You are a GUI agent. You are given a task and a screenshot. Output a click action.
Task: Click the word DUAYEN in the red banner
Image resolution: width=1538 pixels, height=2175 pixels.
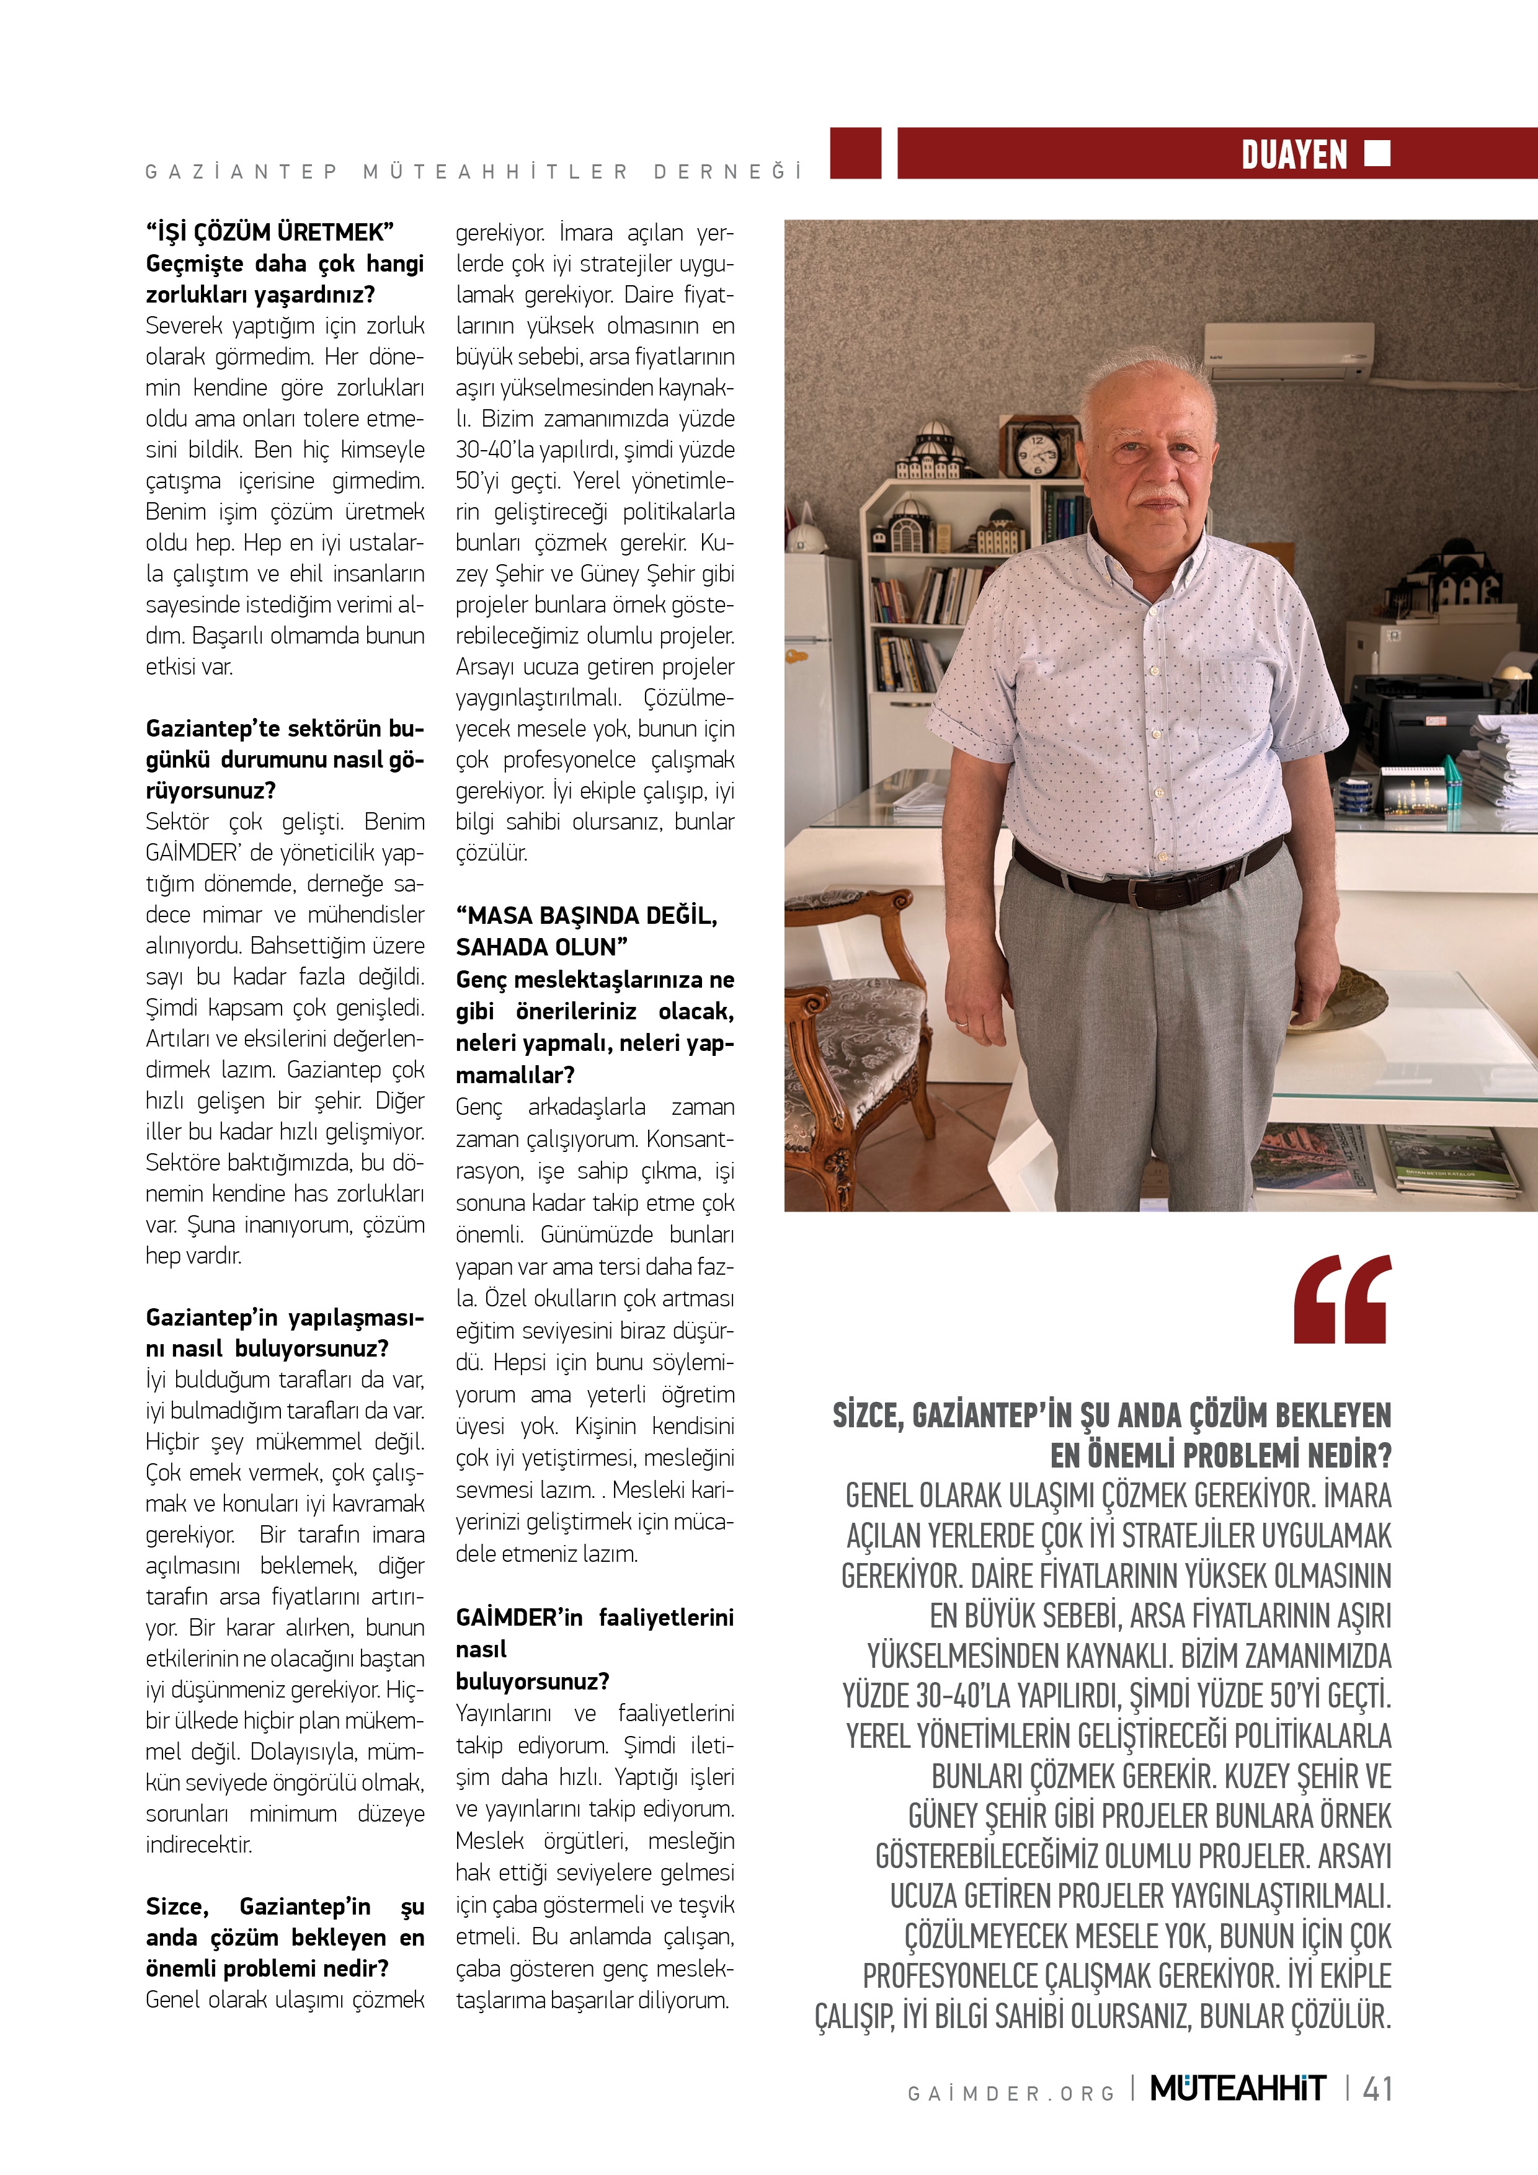point(1294,154)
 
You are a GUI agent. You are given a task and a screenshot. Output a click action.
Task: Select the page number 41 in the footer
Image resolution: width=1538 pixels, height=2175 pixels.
point(1377,2089)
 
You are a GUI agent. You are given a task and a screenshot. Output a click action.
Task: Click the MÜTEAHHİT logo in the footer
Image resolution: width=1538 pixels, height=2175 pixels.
point(1238,2089)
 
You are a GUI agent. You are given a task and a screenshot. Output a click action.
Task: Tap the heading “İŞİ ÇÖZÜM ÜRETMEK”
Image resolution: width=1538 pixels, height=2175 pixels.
point(269,232)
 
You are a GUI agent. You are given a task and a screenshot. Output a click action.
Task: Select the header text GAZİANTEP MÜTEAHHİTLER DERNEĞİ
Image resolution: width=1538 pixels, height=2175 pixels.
point(474,172)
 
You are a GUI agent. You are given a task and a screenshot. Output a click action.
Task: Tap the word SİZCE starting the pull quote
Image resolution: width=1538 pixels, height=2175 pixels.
point(867,1416)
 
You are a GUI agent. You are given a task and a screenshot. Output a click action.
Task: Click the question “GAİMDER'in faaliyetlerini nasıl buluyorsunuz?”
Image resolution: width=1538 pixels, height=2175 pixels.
point(594,1649)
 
